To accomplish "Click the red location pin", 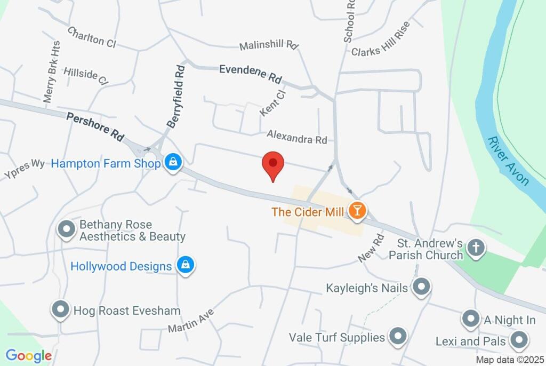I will click(274, 164).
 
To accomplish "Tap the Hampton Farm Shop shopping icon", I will click(173, 163).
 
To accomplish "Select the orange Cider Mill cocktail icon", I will click(356, 211).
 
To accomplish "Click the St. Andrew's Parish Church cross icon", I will click(476, 248).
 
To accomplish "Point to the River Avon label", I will click(508, 161).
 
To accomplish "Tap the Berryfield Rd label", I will click(176, 96).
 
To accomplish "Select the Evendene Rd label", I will click(250, 74).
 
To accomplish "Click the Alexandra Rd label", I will click(297, 137).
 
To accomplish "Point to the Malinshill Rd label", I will click(268, 45).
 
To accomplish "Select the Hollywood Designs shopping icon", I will click(186, 265).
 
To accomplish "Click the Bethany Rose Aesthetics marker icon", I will click(67, 229).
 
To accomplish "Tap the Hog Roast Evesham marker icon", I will click(60, 309).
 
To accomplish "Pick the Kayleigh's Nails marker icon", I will click(422, 287).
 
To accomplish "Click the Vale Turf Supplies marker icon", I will click(397, 336).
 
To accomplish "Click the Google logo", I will click(29, 356).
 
